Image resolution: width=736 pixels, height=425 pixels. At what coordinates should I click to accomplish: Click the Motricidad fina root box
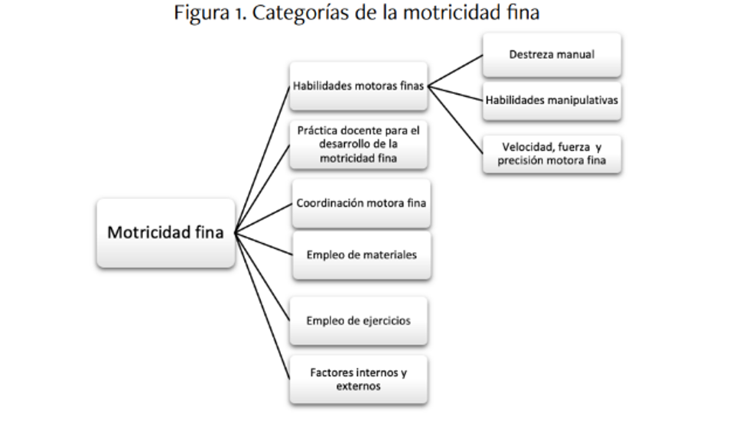[165, 232]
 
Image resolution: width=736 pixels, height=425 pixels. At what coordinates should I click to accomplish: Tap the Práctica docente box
[358, 144]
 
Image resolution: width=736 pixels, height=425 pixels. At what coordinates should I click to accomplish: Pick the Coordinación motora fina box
[360, 203]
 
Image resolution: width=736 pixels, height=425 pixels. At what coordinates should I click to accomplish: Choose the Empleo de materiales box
[360, 255]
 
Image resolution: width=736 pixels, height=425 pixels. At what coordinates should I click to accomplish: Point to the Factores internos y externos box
[358, 379]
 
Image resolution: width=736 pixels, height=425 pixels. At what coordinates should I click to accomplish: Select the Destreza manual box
[551, 54]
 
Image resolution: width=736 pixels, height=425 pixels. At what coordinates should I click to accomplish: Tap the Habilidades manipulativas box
[551, 101]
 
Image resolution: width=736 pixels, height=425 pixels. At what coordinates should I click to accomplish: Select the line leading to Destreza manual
[456, 71]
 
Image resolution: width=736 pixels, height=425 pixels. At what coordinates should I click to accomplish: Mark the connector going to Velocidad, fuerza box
[456, 118]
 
